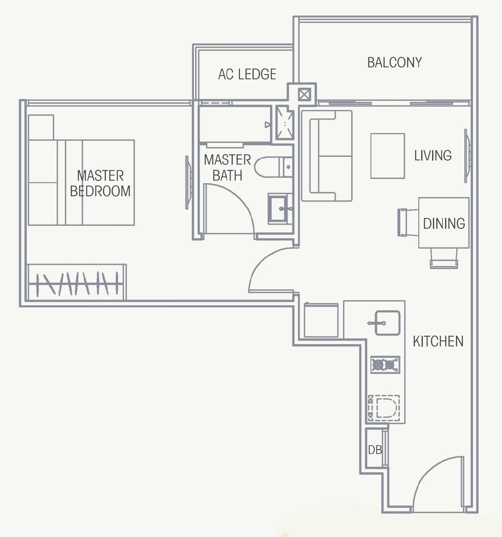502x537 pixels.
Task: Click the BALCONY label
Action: pos(394,63)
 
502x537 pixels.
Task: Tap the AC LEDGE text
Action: pos(247,74)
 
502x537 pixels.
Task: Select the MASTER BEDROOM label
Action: pos(100,183)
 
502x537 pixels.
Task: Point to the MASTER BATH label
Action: pos(227,167)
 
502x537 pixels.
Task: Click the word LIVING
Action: pos(433,156)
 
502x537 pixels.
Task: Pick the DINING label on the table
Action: pos(444,224)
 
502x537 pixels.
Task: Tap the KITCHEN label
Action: pos(438,341)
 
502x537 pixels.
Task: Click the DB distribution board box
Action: pos(375,450)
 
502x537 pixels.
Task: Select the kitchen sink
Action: pos(387,323)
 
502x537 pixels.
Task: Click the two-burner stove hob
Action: pos(385,365)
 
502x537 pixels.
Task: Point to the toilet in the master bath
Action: pos(272,167)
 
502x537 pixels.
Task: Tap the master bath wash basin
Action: pos(280,208)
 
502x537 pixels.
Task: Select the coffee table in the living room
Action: pos(387,156)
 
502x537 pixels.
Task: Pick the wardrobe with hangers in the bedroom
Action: pos(77,282)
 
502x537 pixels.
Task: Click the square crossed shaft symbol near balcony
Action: pos(304,95)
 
